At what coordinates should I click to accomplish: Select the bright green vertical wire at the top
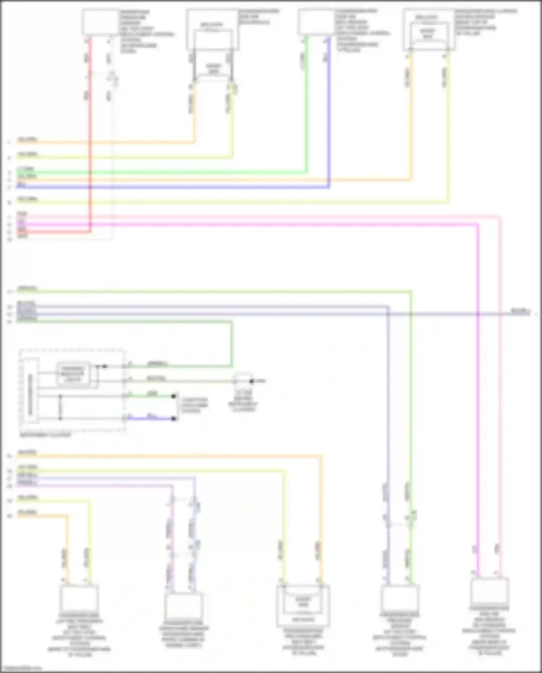tap(307, 108)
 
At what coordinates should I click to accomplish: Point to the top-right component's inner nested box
tap(428, 34)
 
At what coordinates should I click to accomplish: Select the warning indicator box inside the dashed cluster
tap(73, 374)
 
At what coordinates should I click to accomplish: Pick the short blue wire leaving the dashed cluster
tap(152, 418)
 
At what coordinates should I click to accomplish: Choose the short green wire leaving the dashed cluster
tap(152, 396)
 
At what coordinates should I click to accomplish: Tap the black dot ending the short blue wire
tap(174, 419)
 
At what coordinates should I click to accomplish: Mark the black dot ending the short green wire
tap(174, 396)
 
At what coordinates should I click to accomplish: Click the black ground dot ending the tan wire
tap(251, 381)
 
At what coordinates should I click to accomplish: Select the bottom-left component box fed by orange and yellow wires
tap(79, 598)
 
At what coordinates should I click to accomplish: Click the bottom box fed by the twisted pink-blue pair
tap(184, 606)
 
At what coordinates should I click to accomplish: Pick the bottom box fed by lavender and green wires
tap(400, 598)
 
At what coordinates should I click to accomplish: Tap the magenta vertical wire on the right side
tap(478, 398)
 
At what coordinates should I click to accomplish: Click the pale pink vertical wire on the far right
tap(500, 398)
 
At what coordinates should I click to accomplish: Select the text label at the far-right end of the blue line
tap(520, 311)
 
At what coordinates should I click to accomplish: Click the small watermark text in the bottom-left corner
tap(21, 668)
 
